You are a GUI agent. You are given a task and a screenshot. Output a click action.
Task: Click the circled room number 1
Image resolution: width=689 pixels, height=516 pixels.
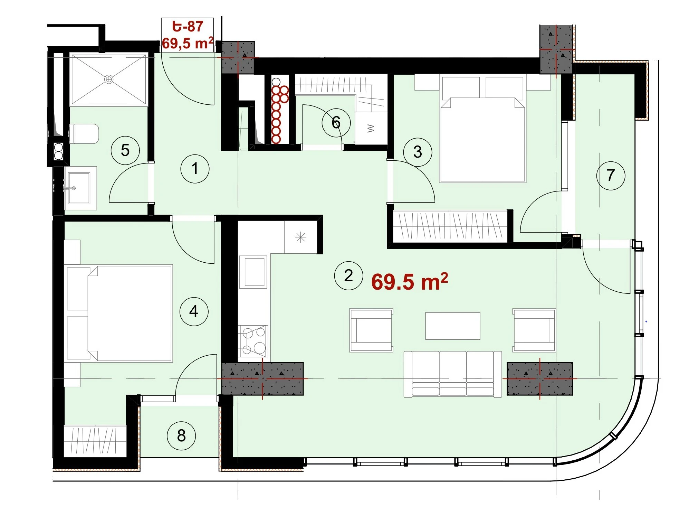tap(195, 169)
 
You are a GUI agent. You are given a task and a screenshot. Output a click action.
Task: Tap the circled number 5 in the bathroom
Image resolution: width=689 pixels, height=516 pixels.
tap(125, 150)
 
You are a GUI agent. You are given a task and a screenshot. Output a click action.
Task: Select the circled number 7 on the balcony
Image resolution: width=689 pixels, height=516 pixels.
tap(611, 176)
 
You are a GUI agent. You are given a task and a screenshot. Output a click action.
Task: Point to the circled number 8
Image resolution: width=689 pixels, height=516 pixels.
tap(181, 436)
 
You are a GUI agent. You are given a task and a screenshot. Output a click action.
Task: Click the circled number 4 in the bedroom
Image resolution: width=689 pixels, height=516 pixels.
tap(194, 311)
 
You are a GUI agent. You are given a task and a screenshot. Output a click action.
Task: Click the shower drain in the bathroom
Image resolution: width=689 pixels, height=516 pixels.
tap(109, 79)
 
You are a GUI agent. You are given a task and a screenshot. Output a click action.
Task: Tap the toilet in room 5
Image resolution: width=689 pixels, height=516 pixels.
tap(84, 134)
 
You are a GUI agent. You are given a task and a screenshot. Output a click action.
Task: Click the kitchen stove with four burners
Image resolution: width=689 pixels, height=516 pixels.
tap(253, 341)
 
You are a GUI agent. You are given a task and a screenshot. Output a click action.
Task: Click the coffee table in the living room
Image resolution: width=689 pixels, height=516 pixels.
tap(452, 326)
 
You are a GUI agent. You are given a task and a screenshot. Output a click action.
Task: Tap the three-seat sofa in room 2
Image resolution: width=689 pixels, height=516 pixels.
tap(453, 374)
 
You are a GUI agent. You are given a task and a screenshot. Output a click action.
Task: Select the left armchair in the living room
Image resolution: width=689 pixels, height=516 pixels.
tap(371, 330)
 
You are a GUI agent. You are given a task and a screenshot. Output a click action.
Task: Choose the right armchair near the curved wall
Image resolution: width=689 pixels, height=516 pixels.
tap(534, 330)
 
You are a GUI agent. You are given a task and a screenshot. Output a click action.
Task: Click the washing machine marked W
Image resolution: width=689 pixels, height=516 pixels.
tap(371, 128)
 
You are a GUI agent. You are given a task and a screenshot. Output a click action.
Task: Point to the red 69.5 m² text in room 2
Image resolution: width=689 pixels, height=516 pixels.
tap(410, 281)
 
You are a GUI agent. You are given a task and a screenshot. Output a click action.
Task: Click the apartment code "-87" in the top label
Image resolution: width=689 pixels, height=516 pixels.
tap(191, 26)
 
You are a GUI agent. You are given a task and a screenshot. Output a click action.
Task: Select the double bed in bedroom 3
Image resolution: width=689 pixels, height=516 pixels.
tap(482, 130)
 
